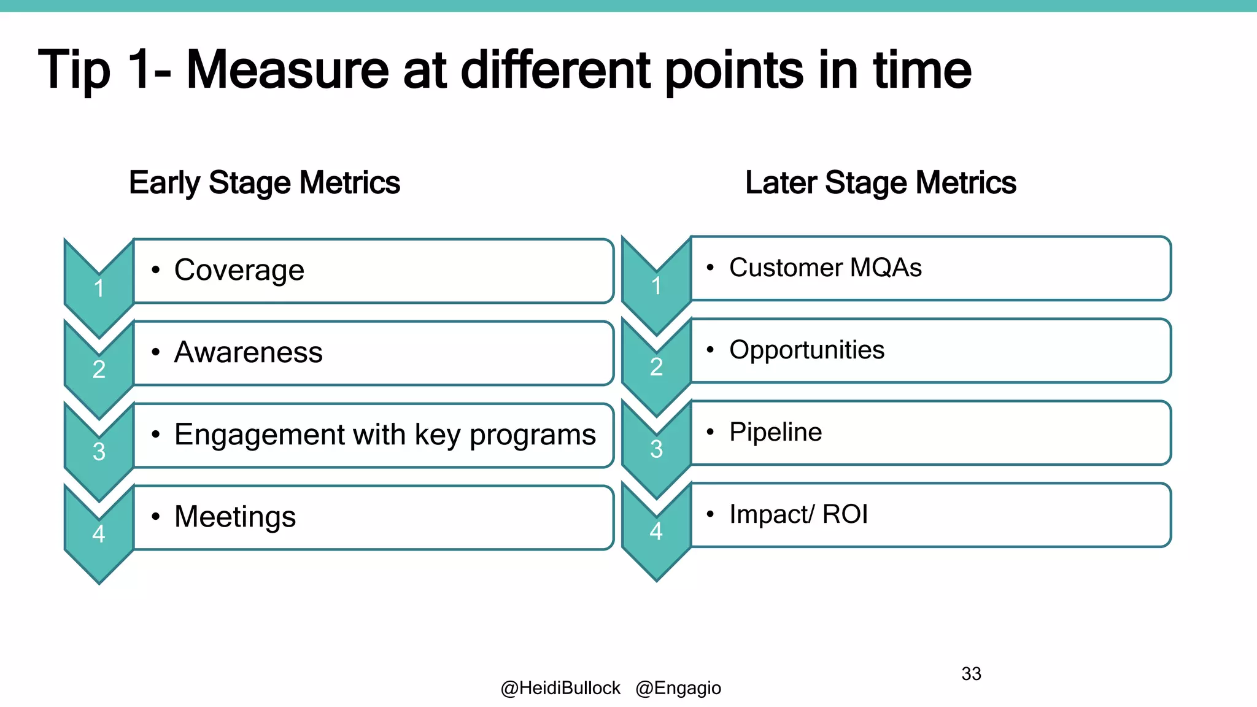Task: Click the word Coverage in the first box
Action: pos(239,270)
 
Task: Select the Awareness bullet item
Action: pos(248,352)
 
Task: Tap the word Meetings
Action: pos(235,517)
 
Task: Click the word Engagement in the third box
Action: pos(258,435)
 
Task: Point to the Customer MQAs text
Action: pos(825,268)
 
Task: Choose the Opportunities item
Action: pos(806,350)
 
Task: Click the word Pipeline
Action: pos(775,432)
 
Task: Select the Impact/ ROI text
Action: pos(799,514)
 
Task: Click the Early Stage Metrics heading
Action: pos(265,183)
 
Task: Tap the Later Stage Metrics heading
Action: pos(880,183)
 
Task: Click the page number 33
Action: pos(971,674)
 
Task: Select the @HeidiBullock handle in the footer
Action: pos(560,688)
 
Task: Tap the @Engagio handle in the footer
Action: pos(678,688)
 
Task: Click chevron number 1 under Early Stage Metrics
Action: pos(99,288)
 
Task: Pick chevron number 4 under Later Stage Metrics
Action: pos(656,531)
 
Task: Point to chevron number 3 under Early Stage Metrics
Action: pos(99,452)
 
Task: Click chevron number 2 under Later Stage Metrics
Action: pos(656,367)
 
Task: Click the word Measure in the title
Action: pos(287,69)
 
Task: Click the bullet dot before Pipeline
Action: pos(710,432)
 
